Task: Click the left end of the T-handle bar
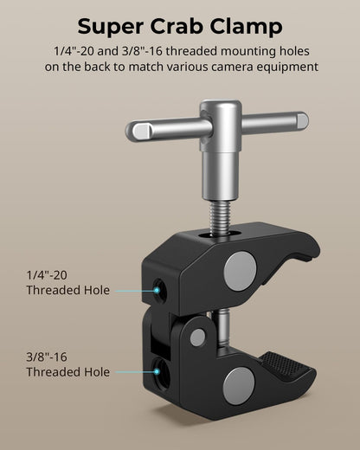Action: pos(137,132)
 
